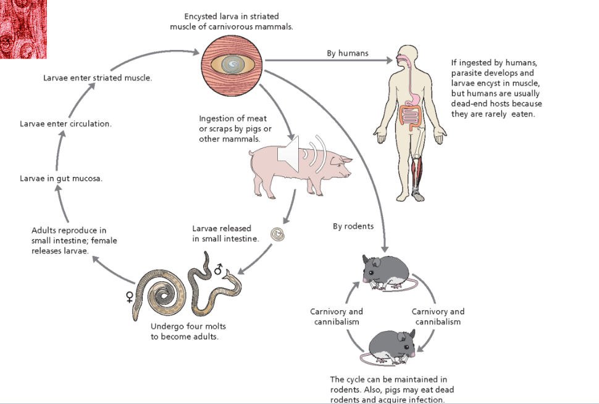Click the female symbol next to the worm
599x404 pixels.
point(129,297)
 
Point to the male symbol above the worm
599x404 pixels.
point(217,269)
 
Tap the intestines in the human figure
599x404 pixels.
point(411,115)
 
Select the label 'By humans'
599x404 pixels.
point(348,53)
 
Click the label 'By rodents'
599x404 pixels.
point(353,226)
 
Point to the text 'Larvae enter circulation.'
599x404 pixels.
point(65,123)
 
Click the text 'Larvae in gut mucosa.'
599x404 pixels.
point(61,178)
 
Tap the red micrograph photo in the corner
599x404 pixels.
point(23,29)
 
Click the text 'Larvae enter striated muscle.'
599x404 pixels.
point(98,78)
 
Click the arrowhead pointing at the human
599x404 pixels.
point(388,60)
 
